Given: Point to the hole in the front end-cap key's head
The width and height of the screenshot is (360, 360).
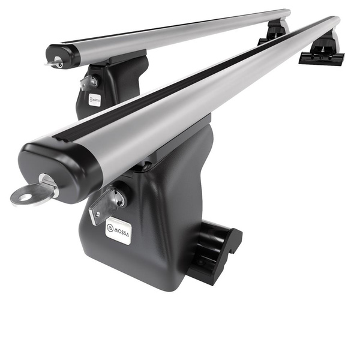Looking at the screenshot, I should click(21, 194).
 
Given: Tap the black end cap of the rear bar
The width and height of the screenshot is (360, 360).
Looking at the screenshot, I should click(65, 56).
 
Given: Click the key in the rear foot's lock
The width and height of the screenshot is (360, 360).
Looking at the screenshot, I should click(87, 83).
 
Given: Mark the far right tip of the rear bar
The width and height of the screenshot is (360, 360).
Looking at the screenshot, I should click(288, 13).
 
